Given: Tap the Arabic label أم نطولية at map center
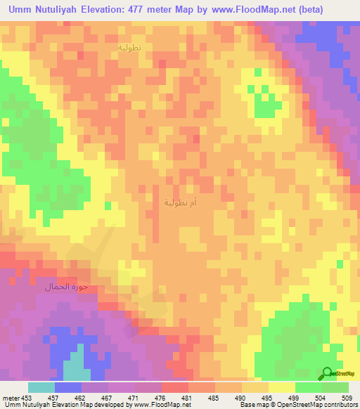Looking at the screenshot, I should coord(180,203).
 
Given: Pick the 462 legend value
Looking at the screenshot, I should coord(82,398).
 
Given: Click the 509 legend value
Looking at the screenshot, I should coord(348,398).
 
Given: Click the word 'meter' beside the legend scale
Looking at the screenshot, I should coord(9,398).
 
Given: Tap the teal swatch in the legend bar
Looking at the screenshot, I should coord(41,387).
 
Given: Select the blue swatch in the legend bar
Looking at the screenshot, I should coord(67,387).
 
